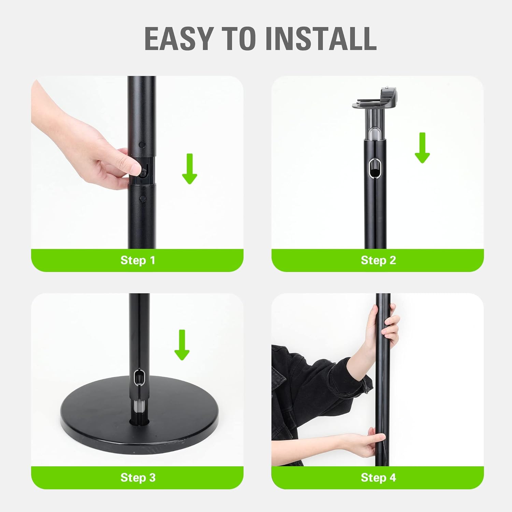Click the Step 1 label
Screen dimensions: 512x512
138,260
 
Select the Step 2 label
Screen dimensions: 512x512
378,260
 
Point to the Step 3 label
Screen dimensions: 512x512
138,478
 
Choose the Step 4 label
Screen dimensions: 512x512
378,478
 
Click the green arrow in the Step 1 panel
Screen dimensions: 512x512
189,169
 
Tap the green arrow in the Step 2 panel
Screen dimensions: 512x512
422,147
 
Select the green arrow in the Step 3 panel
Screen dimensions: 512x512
182,345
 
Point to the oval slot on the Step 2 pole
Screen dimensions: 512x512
375,168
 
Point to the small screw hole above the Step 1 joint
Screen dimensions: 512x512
142,145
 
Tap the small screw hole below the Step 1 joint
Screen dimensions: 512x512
142,198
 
